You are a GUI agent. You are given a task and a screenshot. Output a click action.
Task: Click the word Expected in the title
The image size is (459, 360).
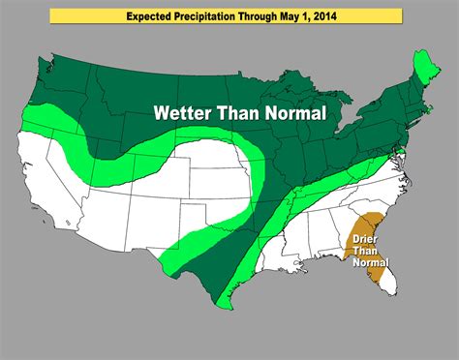click(x=153, y=16)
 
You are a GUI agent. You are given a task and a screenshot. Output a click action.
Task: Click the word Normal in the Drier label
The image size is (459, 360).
click(x=372, y=261)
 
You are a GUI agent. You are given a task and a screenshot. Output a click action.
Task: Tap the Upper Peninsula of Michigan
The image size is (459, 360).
click(x=287, y=106)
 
